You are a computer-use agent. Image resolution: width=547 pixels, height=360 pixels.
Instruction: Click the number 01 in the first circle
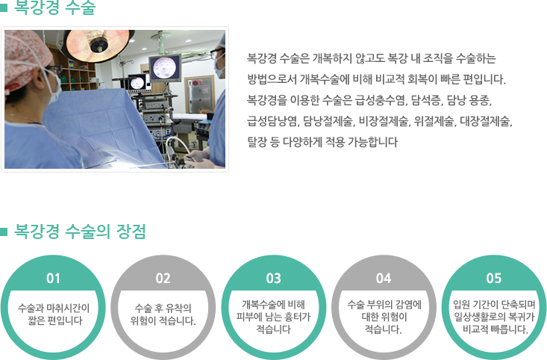(x=53, y=279)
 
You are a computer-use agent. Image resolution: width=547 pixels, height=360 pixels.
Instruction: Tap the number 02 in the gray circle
(x=163, y=279)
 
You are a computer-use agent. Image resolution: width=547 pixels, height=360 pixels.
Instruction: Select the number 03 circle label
(x=273, y=279)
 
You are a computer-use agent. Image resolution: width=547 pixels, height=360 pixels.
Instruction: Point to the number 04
(x=384, y=279)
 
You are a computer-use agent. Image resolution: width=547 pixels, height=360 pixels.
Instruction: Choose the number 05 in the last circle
(x=493, y=279)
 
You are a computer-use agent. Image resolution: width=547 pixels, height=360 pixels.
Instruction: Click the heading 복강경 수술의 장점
(x=80, y=231)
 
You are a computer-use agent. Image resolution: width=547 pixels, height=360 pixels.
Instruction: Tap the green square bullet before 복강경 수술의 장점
(x=4, y=232)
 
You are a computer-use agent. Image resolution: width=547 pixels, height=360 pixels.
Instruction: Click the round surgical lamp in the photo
(x=99, y=46)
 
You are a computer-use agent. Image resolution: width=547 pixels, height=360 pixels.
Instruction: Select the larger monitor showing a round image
(x=166, y=68)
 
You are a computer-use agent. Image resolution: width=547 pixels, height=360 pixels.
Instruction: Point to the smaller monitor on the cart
(x=137, y=83)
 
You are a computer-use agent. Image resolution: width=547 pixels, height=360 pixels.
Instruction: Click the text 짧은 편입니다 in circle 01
(x=55, y=320)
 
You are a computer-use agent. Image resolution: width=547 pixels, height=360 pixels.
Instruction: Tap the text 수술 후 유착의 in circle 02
(x=163, y=308)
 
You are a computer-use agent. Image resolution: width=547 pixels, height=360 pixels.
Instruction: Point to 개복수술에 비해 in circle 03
(x=273, y=305)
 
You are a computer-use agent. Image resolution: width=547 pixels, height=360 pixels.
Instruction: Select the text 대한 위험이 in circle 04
(x=384, y=317)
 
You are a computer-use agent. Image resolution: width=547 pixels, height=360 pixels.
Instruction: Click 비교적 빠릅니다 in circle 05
(x=496, y=329)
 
